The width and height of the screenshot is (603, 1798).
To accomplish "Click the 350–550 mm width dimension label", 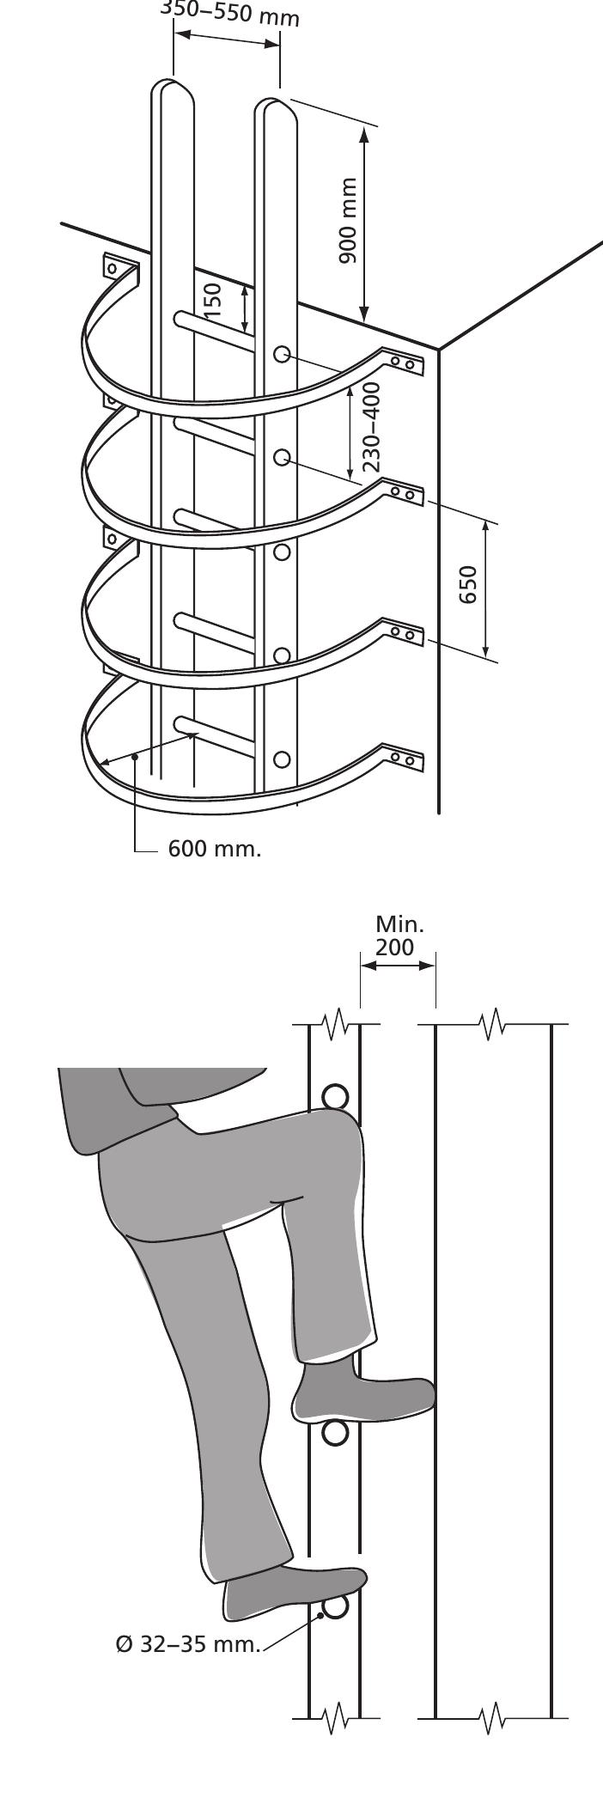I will point(229,15).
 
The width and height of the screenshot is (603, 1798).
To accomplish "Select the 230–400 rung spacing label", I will point(371,427).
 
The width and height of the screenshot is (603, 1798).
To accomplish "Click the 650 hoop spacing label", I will point(467,584).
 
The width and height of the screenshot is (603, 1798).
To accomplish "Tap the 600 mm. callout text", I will point(214,850).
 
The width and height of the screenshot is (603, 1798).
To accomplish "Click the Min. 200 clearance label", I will point(399,936).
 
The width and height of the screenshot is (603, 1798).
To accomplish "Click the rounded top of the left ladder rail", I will point(172,88).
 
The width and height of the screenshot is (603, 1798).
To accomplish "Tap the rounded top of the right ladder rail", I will point(277,108).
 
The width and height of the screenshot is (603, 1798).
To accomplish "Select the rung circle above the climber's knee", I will point(335,1097).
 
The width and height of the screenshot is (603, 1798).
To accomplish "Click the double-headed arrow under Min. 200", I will point(398,966).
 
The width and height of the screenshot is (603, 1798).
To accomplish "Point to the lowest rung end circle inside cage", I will point(281,759).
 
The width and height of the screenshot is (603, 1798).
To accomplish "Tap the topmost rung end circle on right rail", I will point(281,354).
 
